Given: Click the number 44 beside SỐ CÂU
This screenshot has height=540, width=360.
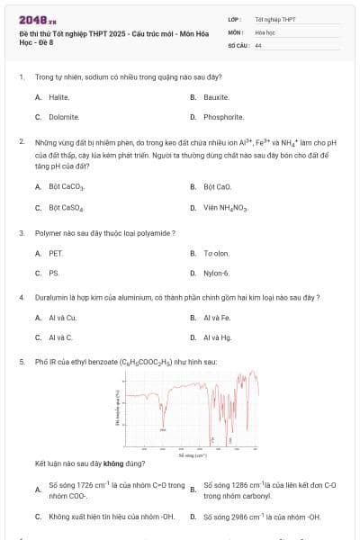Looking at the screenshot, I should coord(258,44).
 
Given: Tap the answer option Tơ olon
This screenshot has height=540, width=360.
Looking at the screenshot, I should coord(216,254).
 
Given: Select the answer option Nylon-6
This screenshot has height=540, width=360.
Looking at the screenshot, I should coord(216,273).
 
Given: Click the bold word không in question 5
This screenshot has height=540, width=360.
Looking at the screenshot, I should coord(113,463).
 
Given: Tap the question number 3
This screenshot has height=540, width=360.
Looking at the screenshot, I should coord(21,233).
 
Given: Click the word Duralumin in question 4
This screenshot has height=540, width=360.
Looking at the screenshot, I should coord(51,297).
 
